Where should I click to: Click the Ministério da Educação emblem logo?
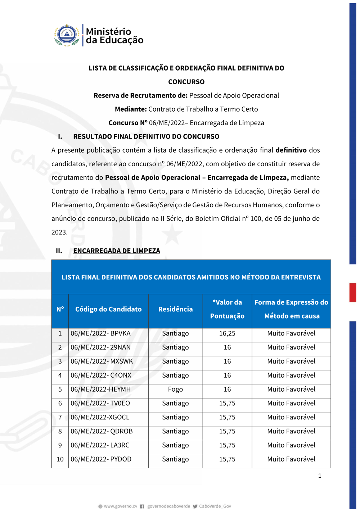point(67,35)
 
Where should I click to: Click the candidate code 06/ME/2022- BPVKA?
point(100,334)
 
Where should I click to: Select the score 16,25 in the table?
point(227,334)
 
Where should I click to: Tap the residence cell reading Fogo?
point(175,389)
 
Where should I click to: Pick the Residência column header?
point(175,309)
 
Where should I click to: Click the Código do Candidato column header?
point(108,309)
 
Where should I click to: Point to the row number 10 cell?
point(60,459)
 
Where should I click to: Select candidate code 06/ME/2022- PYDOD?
point(101,459)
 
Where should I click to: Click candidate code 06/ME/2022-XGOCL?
point(100,418)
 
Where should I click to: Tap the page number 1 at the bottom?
point(320,476)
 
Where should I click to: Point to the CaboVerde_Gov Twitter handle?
point(215,506)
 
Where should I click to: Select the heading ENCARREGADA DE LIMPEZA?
point(117,251)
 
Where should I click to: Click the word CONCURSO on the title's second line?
point(186,82)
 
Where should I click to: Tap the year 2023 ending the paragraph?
point(59,233)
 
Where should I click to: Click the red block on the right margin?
point(353,292)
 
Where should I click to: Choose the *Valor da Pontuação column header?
point(227,309)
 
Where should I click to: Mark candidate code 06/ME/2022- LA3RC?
point(100,445)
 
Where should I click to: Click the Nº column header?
point(60,309)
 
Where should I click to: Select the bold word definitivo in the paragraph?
point(291,150)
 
